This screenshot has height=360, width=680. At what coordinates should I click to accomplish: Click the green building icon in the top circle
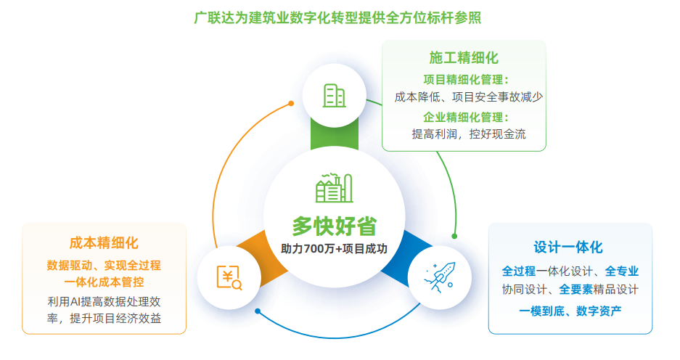click(x=335, y=95)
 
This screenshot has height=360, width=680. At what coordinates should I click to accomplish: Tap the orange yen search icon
click(x=229, y=277)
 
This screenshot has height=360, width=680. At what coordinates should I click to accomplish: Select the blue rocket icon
click(x=439, y=277)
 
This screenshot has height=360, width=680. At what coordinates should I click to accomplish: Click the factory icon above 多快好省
click(x=334, y=188)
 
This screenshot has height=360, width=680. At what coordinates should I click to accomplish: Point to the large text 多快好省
click(x=335, y=226)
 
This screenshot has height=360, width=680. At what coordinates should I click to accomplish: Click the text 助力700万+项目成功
click(x=334, y=248)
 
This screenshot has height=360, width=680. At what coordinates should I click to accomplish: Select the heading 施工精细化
click(x=464, y=57)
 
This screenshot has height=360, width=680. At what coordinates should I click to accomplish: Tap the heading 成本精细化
click(x=104, y=243)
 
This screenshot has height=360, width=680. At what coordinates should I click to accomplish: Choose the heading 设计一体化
click(x=568, y=247)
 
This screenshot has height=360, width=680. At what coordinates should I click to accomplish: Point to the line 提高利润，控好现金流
click(x=469, y=134)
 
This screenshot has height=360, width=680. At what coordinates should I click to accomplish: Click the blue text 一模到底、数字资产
click(x=570, y=311)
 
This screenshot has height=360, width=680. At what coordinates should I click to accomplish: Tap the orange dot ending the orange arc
click(x=291, y=103)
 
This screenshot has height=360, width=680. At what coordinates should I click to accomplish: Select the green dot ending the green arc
click(x=454, y=237)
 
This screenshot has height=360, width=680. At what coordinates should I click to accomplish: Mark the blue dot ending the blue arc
click(x=258, y=311)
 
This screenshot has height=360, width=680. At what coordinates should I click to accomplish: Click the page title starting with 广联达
click(x=337, y=18)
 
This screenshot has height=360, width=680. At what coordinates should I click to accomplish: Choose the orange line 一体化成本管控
click(x=104, y=282)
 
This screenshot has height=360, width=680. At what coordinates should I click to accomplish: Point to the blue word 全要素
click(x=575, y=290)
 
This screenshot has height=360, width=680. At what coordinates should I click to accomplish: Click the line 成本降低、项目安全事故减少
click(x=469, y=97)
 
